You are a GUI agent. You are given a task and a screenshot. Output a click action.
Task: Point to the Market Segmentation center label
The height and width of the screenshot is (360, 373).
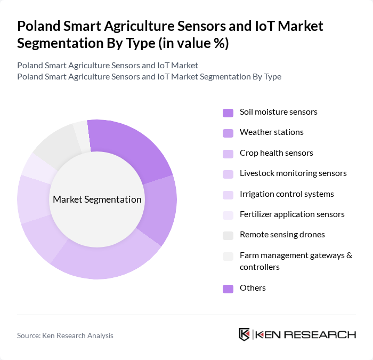(x=97, y=199)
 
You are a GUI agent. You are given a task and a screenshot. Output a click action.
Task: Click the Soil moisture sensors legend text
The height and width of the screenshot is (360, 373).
(x=278, y=112)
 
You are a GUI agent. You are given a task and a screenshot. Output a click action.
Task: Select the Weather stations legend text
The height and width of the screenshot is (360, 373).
(x=271, y=132)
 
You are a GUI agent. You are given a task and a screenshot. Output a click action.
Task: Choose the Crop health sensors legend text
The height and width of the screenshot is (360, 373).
(x=276, y=153)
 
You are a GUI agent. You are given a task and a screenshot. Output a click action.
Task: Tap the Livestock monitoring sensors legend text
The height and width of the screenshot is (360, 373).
(x=293, y=173)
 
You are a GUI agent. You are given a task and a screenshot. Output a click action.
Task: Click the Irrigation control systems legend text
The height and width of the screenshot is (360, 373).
(x=287, y=194)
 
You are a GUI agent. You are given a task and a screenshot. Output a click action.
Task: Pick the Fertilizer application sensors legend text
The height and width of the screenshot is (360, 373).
(x=292, y=214)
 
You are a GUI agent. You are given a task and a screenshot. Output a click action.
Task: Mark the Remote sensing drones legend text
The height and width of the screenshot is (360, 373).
(x=282, y=234)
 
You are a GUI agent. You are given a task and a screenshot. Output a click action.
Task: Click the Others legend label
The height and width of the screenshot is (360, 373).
(x=253, y=287)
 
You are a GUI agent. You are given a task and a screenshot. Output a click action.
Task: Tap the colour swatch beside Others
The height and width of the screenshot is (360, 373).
(x=228, y=289)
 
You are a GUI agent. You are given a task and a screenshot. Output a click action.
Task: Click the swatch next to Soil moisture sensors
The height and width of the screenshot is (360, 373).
(x=228, y=113)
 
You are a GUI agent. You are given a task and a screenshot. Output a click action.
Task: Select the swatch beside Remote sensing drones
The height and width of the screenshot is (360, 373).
(x=228, y=235)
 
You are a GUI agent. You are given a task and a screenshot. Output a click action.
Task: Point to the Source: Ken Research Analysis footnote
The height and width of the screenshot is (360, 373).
(x=65, y=335)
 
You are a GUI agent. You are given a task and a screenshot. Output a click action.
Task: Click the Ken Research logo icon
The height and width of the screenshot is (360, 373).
(x=245, y=334)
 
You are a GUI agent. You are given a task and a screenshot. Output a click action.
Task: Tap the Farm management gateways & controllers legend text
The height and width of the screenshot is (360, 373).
(x=296, y=261)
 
